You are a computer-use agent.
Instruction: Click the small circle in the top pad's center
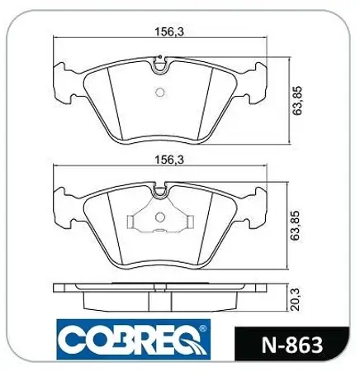(x=161, y=92)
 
